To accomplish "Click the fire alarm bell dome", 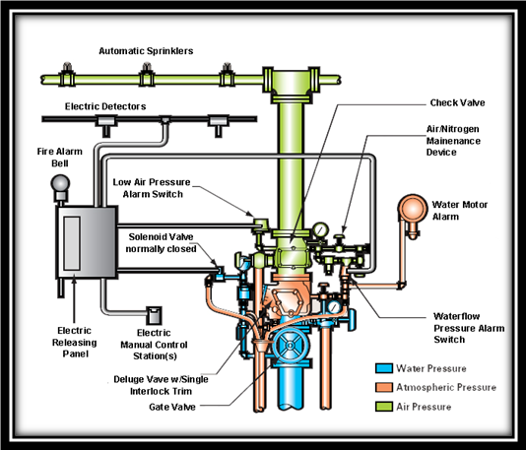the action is tap(60, 183).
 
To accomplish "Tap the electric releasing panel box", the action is tap(87, 242).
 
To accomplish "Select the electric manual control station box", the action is tap(154, 315).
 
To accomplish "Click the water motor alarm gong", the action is tap(413, 208).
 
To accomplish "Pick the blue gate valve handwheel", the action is tap(291, 345).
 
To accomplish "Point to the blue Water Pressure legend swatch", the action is tap(384, 368).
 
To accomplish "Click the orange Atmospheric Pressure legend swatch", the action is tap(384, 387).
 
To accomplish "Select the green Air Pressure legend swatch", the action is tap(384, 407).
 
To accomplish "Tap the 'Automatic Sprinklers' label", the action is tap(146, 51).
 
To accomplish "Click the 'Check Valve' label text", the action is tap(458, 102).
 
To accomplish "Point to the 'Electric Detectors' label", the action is tap(105, 106).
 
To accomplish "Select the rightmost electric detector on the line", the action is tap(218, 125).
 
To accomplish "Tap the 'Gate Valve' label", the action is tap(172, 407).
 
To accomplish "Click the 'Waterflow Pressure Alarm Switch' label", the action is tap(469, 328).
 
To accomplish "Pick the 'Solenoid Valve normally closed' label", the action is tap(161, 243).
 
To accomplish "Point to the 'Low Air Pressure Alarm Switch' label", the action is tap(152, 188).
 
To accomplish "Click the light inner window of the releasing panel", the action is tap(72, 243).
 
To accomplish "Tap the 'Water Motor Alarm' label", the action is tap(460, 211).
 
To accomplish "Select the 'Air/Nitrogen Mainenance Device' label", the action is tap(453, 141).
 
